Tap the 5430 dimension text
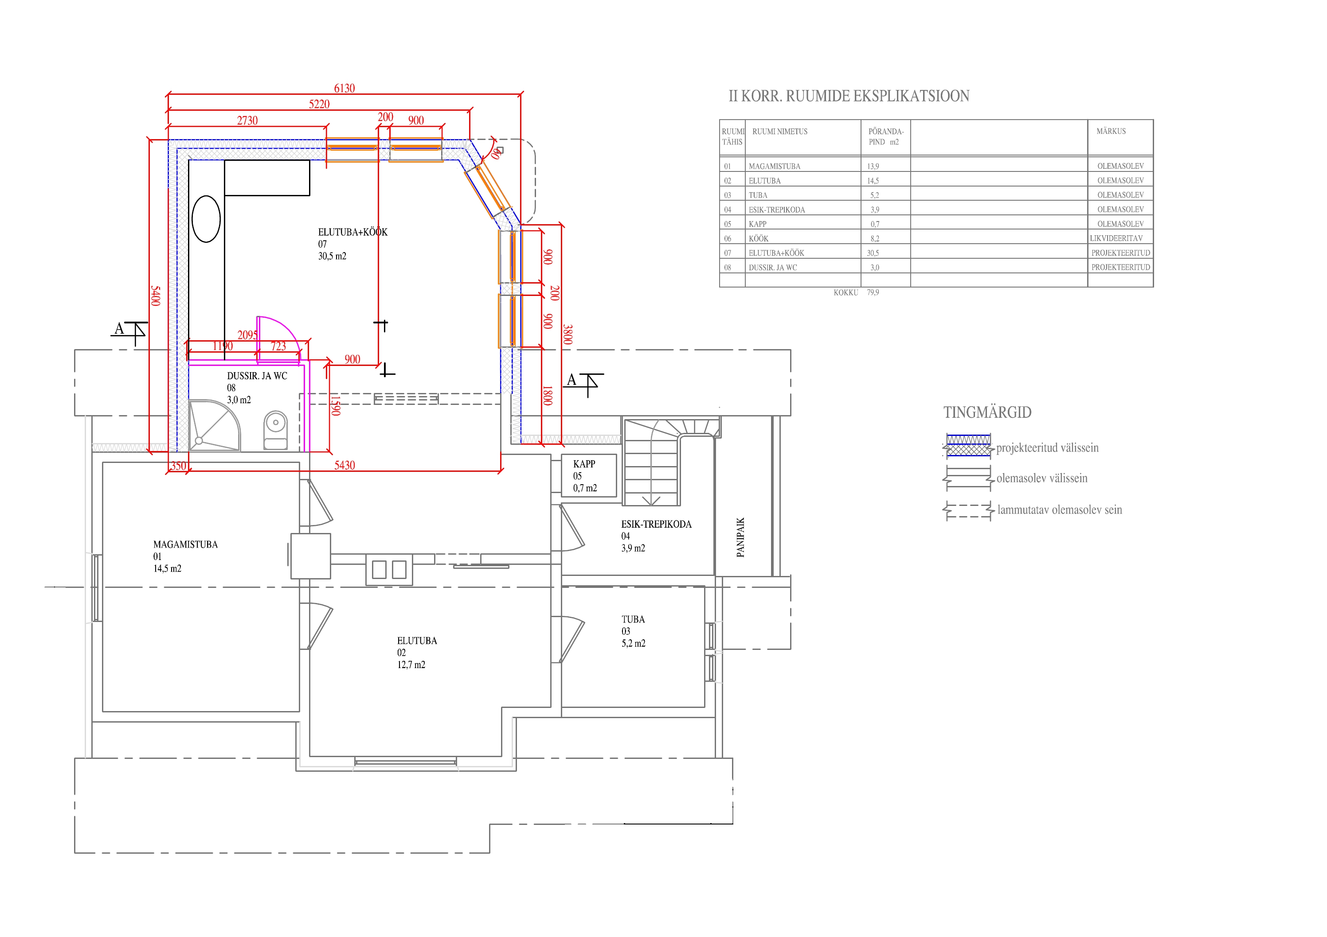pyautogui.click(x=344, y=465)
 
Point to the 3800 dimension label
pyautogui.click(x=568, y=334)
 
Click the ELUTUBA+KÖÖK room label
pyautogui.click(x=352, y=232)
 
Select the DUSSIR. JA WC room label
pyautogui.click(x=257, y=376)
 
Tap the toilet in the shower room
pyautogui.click(x=276, y=430)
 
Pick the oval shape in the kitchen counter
pyautogui.click(x=206, y=219)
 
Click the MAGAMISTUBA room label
pyautogui.click(x=185, y=545)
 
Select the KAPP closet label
pyautogui.click(x=584, y=464)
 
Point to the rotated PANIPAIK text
pyautogui.click(x=740, y=537)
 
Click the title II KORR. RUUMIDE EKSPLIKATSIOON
pyautogui.click(x=849, y=96)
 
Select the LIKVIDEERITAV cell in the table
pyautogui.click(x=1116, y=238)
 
